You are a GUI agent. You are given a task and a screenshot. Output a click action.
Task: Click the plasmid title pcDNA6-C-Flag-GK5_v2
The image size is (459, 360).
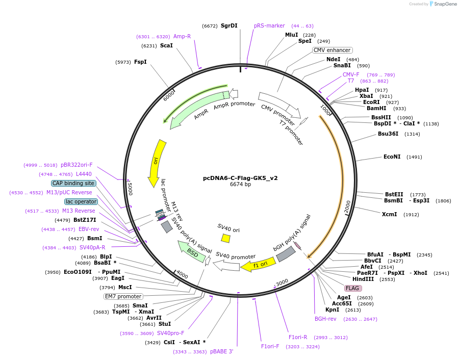click(x=240, y=178)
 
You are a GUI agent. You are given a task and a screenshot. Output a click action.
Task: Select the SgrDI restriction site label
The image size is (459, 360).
click(x=229, y=25)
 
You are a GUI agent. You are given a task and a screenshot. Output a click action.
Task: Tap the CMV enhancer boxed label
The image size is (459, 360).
click(x=332, y=50)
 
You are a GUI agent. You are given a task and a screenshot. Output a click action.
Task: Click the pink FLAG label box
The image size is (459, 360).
click(x=352, y=288)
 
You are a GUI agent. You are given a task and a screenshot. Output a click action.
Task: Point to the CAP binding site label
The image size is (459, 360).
click(x=73, y=183)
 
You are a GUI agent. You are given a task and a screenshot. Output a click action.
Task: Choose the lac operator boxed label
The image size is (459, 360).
click(x=81, y=201)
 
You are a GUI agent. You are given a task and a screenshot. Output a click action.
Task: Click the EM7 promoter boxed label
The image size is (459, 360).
click(x=123, y=296)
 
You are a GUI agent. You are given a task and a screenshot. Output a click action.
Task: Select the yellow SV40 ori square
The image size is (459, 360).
click(x=225, y=238)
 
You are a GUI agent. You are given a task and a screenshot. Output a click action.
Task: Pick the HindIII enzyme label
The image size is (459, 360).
click(x=363, y=279)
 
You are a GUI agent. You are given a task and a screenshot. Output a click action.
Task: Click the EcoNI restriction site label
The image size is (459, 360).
click(x=392, y=157)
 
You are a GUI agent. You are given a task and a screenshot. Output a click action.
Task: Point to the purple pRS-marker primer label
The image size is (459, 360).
click(x=269, y=25)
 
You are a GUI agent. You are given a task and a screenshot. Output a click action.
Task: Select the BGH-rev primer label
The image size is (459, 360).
click(x=325, y=319)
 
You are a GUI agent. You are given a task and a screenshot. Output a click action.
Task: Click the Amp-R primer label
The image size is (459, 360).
click(x=182, y=36)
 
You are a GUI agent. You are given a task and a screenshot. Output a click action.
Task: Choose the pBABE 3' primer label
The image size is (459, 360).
click(x=221, y=351)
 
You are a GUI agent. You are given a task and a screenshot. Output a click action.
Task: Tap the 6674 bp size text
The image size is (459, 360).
click(x=240, y=185)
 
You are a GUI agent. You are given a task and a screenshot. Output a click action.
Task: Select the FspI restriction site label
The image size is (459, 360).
click(x=140, y=62)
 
